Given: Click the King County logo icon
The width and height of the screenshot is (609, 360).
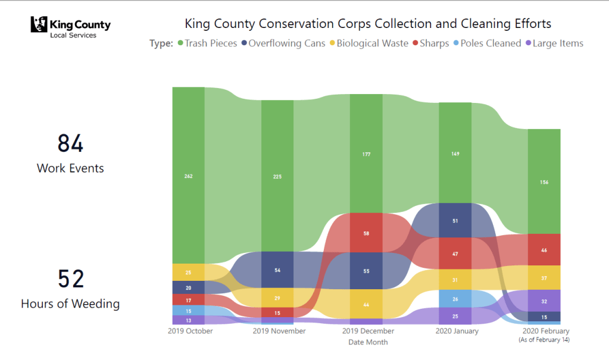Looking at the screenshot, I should (39, 25).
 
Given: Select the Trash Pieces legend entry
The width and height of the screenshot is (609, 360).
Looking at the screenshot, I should (206, 43).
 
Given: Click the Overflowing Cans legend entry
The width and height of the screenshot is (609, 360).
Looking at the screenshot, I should (283, 43).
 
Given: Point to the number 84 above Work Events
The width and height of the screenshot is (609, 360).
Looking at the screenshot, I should (70, 143).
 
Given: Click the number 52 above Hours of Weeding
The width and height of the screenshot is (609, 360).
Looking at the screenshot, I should (70, 279).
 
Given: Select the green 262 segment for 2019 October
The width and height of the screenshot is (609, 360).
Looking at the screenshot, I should (188, 176).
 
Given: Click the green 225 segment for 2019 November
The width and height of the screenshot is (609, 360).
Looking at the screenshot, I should (277, 176).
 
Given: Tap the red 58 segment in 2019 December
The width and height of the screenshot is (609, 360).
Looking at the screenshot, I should (366, 233).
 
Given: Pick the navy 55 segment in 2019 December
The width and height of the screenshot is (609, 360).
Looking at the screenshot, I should (366, 271).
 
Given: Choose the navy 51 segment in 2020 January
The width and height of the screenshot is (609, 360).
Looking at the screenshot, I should (454, 220).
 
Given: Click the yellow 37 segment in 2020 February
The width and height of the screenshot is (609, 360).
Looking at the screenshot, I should (544, 277).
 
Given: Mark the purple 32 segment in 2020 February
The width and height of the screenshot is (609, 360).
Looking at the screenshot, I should (544, 301).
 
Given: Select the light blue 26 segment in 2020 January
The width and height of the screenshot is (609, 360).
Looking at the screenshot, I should (454, 299).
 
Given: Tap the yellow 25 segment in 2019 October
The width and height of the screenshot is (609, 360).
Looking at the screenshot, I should (188, 272).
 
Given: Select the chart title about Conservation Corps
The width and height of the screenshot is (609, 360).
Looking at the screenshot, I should (368, 24).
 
